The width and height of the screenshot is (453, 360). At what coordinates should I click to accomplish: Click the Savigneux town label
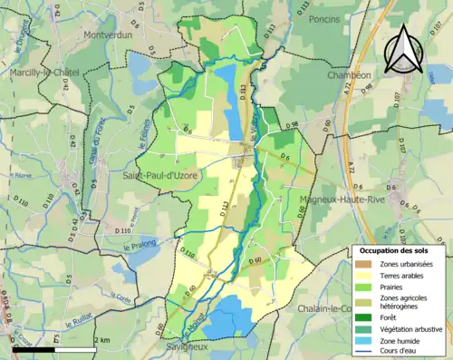click(188, 346)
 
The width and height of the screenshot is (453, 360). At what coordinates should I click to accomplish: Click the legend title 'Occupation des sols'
click(396, 249)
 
